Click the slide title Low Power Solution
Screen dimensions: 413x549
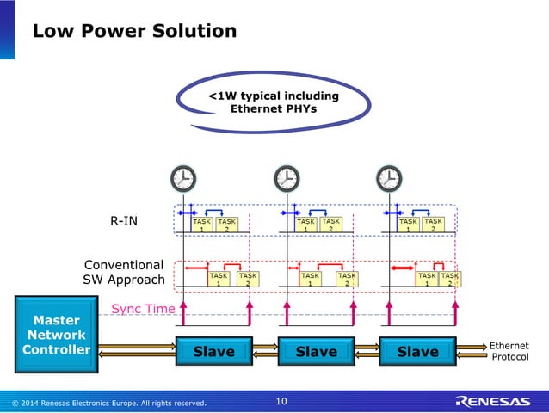[x=133, y=32]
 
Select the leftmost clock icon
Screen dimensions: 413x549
[x=182, y=179]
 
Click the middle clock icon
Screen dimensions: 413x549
[x=287, y=179]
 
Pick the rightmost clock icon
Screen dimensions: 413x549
[x=389, y=179]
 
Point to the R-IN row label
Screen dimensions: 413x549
[x=123, y=221]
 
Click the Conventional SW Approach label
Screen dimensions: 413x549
[x=123, y=273]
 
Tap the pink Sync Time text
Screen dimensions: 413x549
[x=143, y=308]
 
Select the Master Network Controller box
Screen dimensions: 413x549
[x=55, y=336]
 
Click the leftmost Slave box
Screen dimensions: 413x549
[x=213, y=351]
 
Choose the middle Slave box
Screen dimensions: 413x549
[x=316, y=351]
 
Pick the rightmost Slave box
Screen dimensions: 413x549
[x=418, y=351]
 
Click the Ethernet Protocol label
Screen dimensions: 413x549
[x=509, y=351]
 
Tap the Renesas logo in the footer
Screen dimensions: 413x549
[x=493, y=401]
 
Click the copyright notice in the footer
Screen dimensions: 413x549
[x=108, y=402]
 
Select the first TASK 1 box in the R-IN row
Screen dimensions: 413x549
[x=202, y=225]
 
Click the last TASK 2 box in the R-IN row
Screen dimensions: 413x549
[x=434, y=225]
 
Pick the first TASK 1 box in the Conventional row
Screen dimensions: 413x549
[x=219, y=279]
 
